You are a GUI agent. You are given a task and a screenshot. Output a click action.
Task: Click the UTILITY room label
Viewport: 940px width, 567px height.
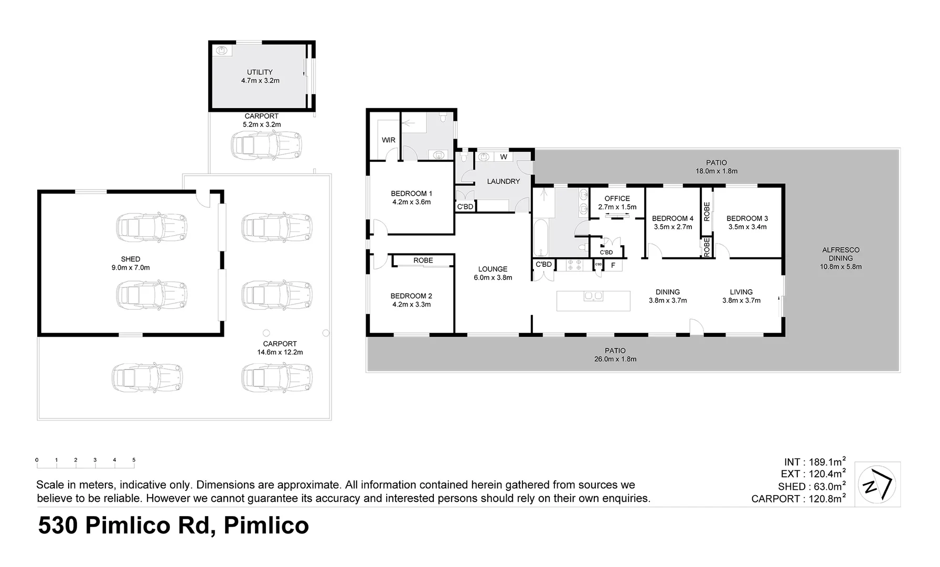(260, 72)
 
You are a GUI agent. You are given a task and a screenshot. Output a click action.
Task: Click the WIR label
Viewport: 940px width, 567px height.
(388, 140)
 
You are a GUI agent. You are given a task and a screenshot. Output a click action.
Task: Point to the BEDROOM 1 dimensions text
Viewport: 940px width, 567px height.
(411, 202)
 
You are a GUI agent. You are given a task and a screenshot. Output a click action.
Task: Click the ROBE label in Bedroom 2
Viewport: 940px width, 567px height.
(423, 260)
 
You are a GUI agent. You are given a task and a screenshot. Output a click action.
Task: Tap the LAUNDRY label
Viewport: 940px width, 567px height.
(503, 182)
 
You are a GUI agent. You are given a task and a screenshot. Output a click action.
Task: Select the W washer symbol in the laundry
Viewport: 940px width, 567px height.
(503, 157)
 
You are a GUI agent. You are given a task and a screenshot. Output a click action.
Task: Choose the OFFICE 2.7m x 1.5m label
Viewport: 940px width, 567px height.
(617, 203)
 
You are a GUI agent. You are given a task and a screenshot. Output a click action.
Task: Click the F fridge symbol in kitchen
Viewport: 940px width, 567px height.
(613, 266)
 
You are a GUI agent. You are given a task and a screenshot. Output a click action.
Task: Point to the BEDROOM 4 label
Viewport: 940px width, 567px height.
(672, 218)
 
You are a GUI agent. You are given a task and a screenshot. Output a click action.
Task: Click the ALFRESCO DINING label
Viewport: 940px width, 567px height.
(840, 254)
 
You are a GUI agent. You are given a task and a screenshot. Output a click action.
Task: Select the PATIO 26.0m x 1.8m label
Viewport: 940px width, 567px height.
(615, 355)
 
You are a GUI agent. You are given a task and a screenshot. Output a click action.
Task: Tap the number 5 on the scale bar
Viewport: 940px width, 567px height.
(134, 460)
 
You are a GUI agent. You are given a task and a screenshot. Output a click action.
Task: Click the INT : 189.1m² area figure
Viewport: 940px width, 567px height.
(814, 462)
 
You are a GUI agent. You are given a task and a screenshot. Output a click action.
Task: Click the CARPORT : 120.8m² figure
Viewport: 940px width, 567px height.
(798, 499)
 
